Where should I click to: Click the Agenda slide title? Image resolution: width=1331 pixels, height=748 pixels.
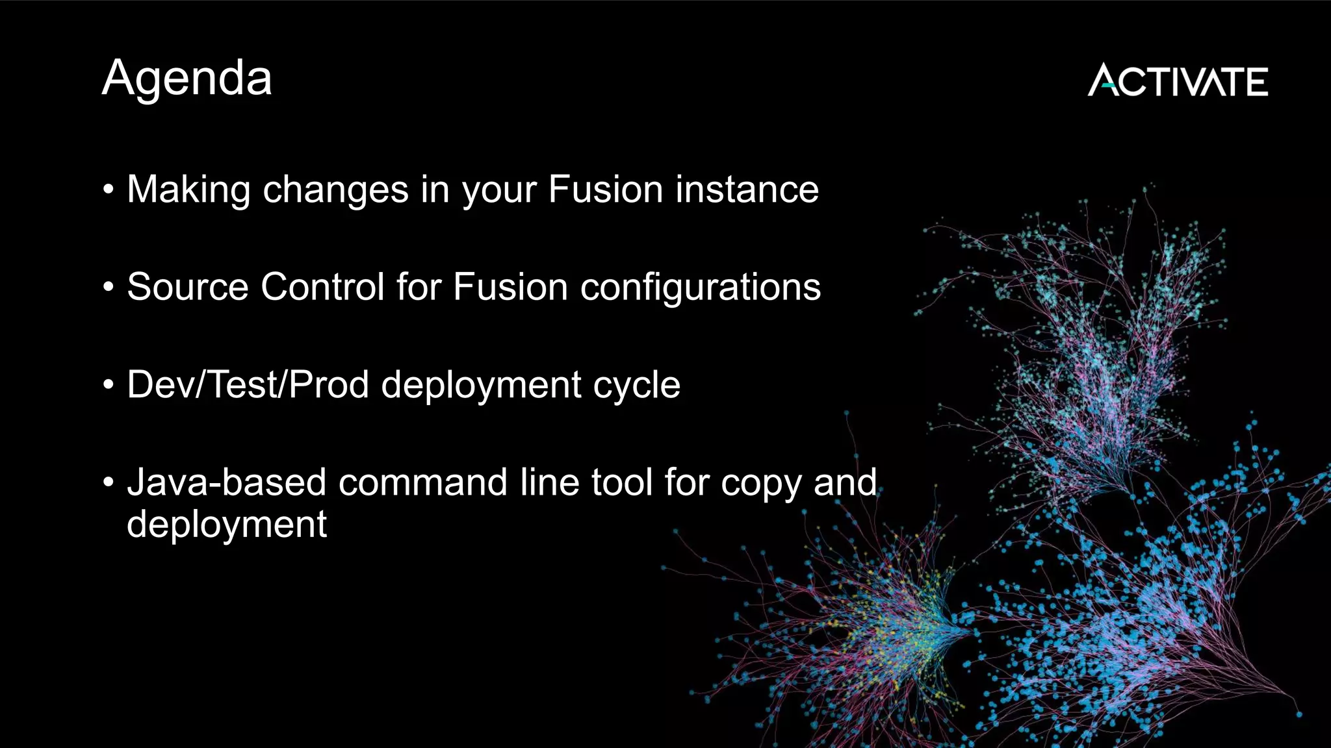tap(187, 79)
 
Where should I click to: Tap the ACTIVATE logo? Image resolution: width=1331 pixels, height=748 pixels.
tap(1178, 81)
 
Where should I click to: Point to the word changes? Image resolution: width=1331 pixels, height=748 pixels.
tap(335, 190)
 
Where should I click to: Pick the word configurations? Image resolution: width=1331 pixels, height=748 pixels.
tap(700, 287)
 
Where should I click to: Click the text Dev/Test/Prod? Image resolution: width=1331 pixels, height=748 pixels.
tap(248, 384)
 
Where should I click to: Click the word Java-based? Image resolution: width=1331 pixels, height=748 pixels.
tap(226, 482)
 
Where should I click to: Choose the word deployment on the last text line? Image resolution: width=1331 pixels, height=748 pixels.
tap(227, 525)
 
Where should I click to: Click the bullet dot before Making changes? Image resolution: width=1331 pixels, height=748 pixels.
tap(109, 190)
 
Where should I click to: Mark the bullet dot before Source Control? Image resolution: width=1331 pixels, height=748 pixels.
tap(109, 288)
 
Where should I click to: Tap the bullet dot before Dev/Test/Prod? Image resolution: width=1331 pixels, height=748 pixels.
tap(109, 385)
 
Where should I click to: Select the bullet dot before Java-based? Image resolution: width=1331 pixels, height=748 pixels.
tap(109, 483)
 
